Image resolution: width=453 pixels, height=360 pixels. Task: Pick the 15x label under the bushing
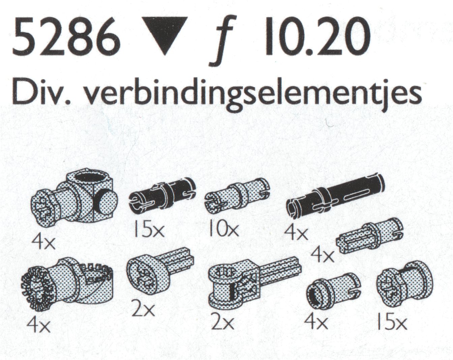pos(391,324)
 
